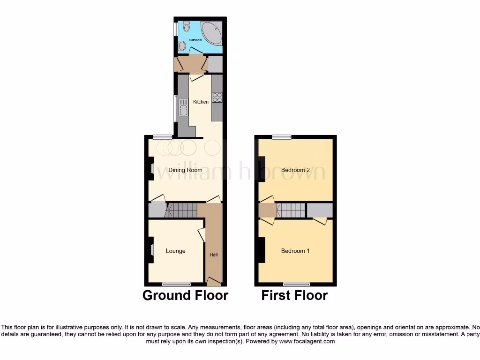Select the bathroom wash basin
[182, 45]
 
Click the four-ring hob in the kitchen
[217, 97]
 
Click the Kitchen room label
[201, 102]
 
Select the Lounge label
[175, 251]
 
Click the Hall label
[213, 255]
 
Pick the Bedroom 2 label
[295, 170]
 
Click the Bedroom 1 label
[295, 251]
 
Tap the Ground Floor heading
[185, 295]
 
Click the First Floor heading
[294, 295]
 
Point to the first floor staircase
[291, 210]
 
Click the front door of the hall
[214, 282]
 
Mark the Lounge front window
[177, 284]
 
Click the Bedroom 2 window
[281, 137]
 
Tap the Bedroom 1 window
[296, 284]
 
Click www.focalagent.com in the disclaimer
[307, 342]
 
